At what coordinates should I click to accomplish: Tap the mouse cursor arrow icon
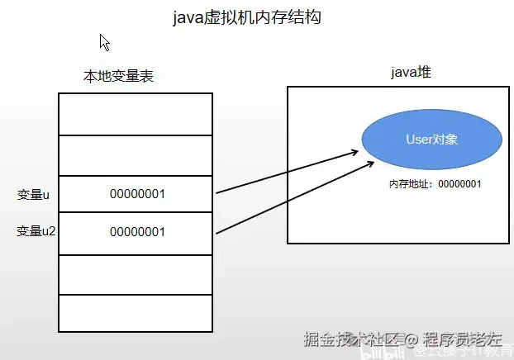105,42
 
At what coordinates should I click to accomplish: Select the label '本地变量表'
118,76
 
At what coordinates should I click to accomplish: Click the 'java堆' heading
412,73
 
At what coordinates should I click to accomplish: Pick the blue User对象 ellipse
431,140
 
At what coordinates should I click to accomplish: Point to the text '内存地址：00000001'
435,183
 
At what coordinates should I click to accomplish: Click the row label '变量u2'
36,232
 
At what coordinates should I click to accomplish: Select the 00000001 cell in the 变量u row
137,195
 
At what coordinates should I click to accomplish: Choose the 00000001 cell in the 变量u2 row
137,232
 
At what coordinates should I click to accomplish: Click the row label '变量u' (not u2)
34,195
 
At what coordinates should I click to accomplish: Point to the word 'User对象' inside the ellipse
431,140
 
